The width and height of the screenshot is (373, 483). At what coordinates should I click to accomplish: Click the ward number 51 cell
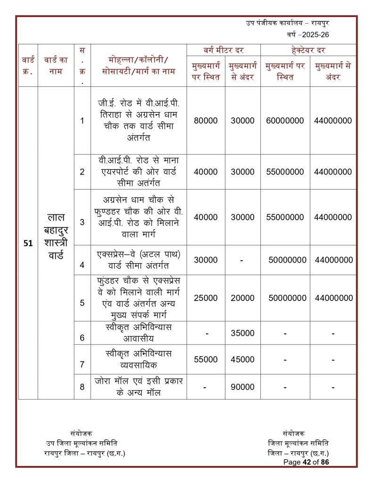[28, 243]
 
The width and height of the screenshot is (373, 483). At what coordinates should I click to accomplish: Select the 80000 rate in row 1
[206, 121]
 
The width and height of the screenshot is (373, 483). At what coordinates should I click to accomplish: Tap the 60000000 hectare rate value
[285, 121]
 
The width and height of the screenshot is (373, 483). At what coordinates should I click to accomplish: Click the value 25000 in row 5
[206, 298]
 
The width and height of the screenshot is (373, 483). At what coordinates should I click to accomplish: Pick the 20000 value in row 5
[242, 298]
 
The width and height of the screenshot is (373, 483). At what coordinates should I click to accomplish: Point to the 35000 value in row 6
[242, 333]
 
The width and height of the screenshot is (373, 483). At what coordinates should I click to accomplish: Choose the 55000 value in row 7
[206, 359]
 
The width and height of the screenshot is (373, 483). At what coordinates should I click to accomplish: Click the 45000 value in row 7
[242, 359]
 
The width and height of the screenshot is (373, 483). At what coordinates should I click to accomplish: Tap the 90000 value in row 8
[242, 387]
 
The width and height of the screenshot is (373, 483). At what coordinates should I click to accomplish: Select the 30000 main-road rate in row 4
[206, 260]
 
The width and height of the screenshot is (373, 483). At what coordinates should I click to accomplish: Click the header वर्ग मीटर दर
[224, 50]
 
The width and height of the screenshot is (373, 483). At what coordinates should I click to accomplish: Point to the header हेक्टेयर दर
[308, 50]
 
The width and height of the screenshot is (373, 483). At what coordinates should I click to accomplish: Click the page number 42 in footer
[307, 462]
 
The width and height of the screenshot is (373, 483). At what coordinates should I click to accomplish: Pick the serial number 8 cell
[82, 387]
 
